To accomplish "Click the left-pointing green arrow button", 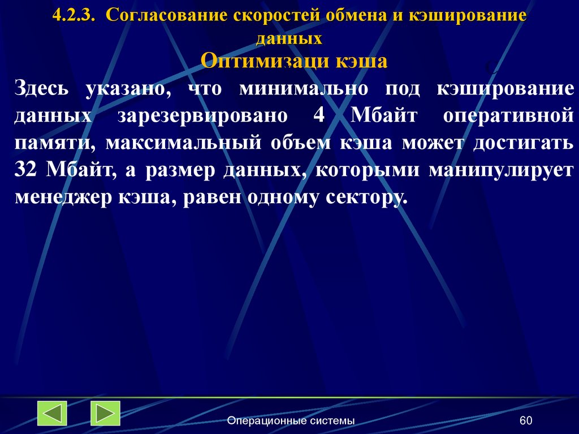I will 52,413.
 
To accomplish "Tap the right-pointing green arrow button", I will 105,413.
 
